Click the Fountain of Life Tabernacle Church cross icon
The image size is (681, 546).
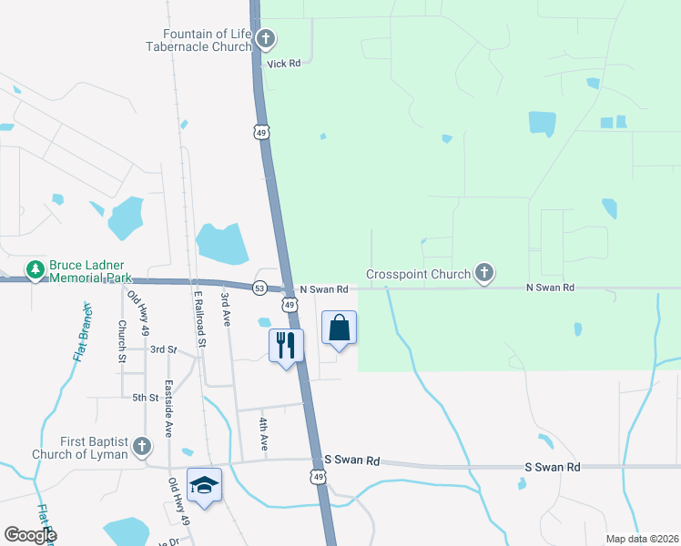(266, 39)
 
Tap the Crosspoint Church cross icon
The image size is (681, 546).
(484, 273)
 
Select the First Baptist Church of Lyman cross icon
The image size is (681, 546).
(141, 447)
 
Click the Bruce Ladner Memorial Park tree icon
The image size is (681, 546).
(36, 269)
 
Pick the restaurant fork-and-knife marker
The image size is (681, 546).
(286, 345)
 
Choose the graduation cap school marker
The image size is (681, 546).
(204, 485)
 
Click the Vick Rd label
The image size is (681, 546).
(284, 64)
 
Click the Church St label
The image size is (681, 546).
(121, 340)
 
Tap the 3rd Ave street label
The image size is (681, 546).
(226, 309)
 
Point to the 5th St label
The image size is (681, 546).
(145, 398)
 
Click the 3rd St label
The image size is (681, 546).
(163, 349)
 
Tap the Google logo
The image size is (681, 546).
(30, 535)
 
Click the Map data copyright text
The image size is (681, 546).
(642, 539)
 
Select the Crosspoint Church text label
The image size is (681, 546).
(419, 274)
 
